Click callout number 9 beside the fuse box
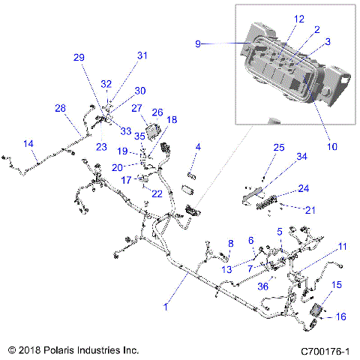pyautogui.click(x=199, y=44)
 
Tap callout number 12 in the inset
pyautogui.click(x=278, y=18)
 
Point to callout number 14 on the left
pyautogui.click(x=28, y=143)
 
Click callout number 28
pyautogui.click(x=60, y=108)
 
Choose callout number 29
pyautogui.click(x=79, y=58)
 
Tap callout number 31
pyautogui.click(x=142, y=55)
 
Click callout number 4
pyautogui.click(x=198, y=146)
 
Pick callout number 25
pyautogui.click(x=279, y=148)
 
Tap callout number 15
pyautogui.click(x=337, y=285)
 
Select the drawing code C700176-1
pyautogui.click(x=325, y=350)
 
